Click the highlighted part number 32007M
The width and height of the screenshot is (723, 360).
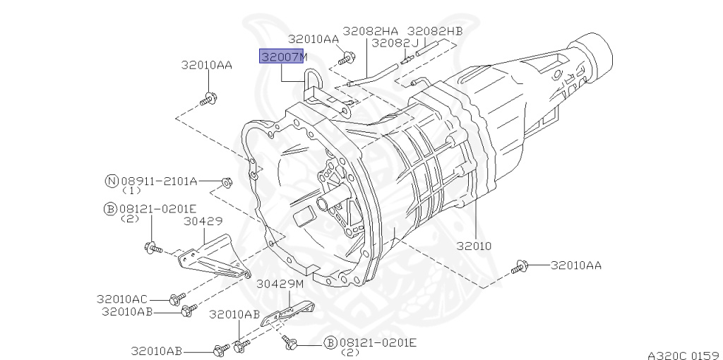(282, 56)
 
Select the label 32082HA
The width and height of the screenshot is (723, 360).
(370, 31)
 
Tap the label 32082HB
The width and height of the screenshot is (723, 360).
(435, 31)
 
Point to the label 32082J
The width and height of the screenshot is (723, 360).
(395, 43)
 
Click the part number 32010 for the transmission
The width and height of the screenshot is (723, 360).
(474, 246)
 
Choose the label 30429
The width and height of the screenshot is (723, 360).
(203, 221)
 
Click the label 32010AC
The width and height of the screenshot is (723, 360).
(121, 299)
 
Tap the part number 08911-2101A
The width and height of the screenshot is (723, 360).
(159, 181)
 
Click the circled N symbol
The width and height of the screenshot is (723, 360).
(112, 181)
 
